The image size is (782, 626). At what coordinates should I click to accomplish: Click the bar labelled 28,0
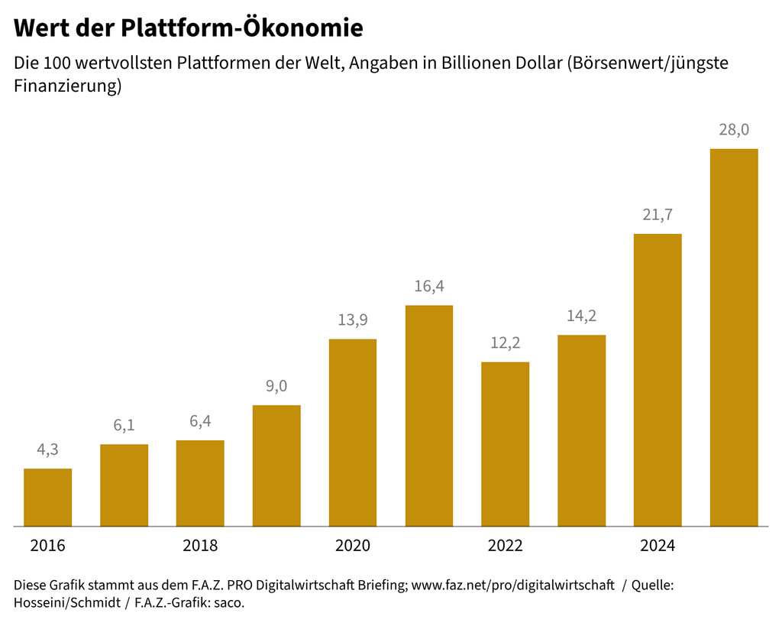point(734,337)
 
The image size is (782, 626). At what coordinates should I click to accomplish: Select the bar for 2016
point(48,497)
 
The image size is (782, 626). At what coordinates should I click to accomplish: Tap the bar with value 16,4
point(429,416)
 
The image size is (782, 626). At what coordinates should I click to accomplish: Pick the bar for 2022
point(505,444)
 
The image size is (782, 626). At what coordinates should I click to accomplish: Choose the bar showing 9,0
point(276,465)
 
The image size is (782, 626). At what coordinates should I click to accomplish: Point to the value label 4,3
point(48,450)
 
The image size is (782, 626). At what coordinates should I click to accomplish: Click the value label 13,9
point(353,319)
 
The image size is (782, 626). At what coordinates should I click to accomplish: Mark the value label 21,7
point(658,215)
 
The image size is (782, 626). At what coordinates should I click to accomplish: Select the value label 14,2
point(581,316)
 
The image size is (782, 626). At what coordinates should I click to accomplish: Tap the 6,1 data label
point(124,426)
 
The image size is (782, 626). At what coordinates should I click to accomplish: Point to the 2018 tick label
point(200,546)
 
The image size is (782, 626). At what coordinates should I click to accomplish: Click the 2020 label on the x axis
point(353,546)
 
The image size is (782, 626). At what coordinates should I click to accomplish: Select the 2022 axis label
point(505,546)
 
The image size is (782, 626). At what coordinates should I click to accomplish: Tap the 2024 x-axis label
point(658,546)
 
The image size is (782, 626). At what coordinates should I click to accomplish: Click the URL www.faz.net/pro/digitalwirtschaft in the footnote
point(512,585)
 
